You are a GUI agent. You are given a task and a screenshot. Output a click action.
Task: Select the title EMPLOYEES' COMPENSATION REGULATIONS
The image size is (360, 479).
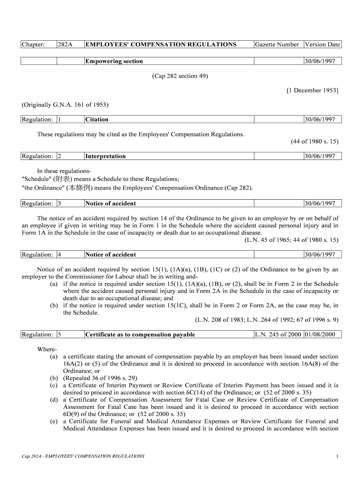coord(161,44)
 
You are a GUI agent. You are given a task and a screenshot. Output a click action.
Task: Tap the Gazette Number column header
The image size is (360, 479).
coord(277,44)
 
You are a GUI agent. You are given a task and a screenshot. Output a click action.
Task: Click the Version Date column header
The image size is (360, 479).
coord(322,44)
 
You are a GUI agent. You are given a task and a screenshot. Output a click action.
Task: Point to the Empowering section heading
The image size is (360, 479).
coord(114,61)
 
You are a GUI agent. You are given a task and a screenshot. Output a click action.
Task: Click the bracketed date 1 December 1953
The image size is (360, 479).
coord(312,90)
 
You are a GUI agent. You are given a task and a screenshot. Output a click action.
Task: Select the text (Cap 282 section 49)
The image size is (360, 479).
coord(180,76)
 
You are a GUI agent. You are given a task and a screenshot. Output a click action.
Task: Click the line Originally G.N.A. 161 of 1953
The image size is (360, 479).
coord(65,104)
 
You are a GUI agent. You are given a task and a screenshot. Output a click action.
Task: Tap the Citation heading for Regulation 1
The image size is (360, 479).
coord(97,119)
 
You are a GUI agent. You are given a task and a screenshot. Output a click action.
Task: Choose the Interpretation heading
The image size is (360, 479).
coord(105,156)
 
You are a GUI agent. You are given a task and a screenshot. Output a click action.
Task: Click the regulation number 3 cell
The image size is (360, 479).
coord(59,203)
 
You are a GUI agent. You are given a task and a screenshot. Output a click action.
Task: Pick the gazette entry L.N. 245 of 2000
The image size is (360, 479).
coord(278,334)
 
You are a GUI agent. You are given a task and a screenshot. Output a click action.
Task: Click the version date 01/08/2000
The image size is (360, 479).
coord(322,334)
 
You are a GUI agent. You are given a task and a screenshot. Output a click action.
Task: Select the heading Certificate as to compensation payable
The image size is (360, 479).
coord(140,334)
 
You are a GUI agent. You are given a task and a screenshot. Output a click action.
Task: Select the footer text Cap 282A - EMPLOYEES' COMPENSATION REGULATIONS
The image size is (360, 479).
coord(83,456)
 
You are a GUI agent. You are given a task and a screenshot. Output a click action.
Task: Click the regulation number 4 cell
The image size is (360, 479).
coord(59,254)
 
